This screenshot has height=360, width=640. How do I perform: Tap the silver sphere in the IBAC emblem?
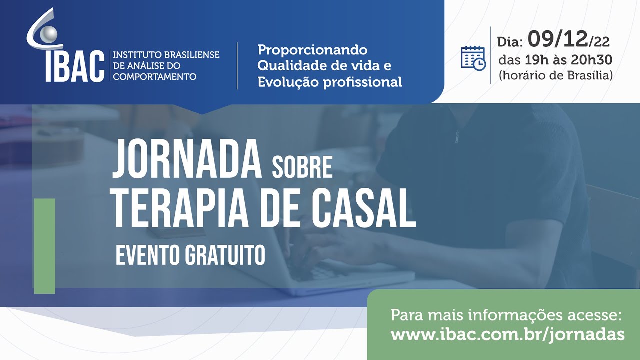[49, 33]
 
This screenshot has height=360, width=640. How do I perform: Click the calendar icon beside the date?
[473, 58]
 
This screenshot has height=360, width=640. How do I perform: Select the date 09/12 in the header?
[559, 39]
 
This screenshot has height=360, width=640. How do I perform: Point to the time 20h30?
[591, 60]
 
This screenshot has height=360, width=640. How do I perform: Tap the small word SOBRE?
[302, 168]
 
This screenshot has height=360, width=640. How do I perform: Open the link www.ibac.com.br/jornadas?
[507, 334]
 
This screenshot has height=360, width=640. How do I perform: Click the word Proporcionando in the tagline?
[312, 50]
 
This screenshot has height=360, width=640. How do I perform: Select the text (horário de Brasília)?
[555, 76]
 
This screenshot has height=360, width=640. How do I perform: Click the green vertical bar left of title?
[44, 246]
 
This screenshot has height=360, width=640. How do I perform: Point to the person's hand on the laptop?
[325, 245]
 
